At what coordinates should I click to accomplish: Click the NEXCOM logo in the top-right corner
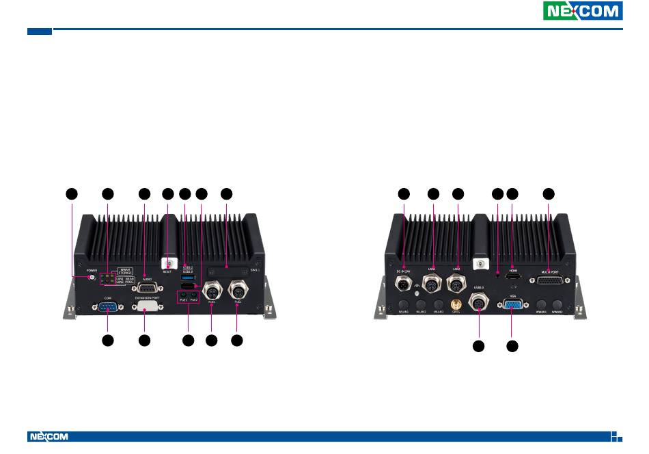583,11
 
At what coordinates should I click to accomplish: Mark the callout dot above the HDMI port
512,194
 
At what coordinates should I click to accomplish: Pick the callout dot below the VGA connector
512,347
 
